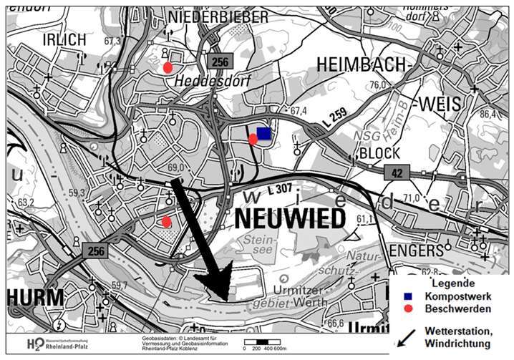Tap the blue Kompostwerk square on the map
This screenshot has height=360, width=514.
(x=264, y=133)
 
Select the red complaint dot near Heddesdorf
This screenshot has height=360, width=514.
(x=168, y=67)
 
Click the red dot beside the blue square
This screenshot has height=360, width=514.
(x=253, y=139)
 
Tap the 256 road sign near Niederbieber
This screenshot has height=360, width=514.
(x=219, y=62)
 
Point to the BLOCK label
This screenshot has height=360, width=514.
(x=379, y=153)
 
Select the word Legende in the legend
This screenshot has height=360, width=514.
(x=444, y=283)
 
